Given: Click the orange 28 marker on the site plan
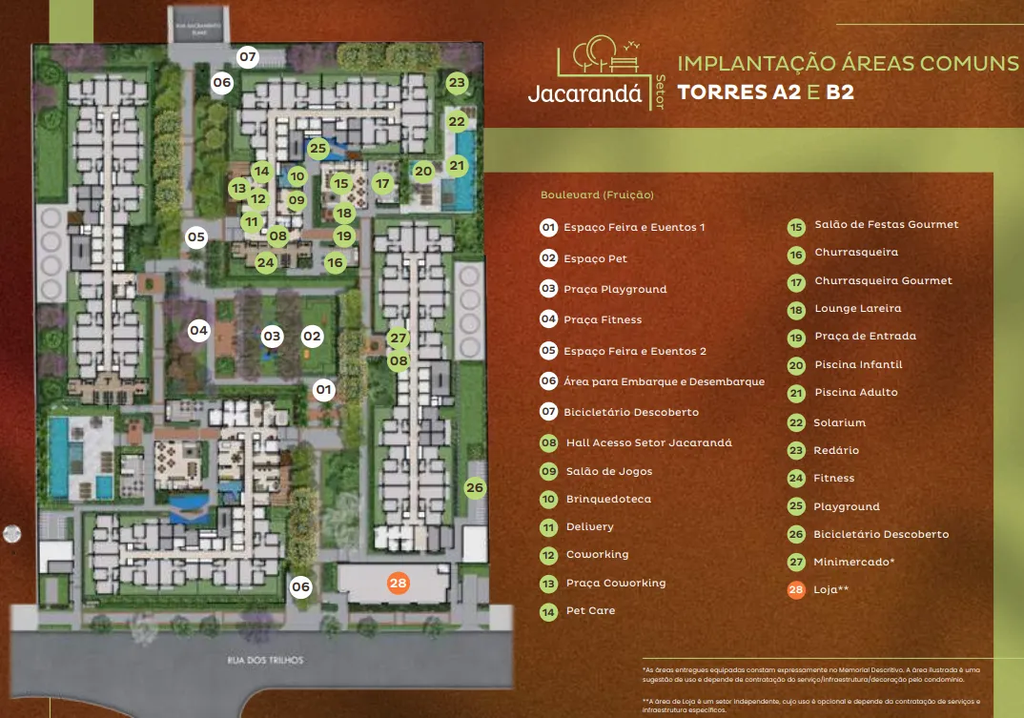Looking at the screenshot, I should point(399,583).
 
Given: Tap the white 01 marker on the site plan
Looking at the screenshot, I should point(324,389).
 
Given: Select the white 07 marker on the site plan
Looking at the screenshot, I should point(248,57).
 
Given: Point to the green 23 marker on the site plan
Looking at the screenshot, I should point(457,83).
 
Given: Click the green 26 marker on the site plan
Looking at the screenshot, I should point(475,488).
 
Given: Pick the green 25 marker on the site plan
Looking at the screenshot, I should point(317,148).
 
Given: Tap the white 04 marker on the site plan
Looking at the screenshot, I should point(198,331).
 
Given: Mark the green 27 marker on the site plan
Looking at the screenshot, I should point(399,338).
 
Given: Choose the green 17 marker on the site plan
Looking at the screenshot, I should point(382,183).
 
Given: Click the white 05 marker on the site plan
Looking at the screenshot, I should point(195,236).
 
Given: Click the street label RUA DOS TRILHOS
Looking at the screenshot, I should point(265,660).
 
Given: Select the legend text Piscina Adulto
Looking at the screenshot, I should point(855,392).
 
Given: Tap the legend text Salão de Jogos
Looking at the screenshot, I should point(608,471).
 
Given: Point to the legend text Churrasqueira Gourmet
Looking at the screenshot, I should point(883,280).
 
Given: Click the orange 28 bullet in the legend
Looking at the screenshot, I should point(795,590).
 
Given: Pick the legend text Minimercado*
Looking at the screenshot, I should point(853,562).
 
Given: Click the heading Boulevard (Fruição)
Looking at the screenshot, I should point(597,195).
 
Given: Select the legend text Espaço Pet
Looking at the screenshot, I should point(595,258).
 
